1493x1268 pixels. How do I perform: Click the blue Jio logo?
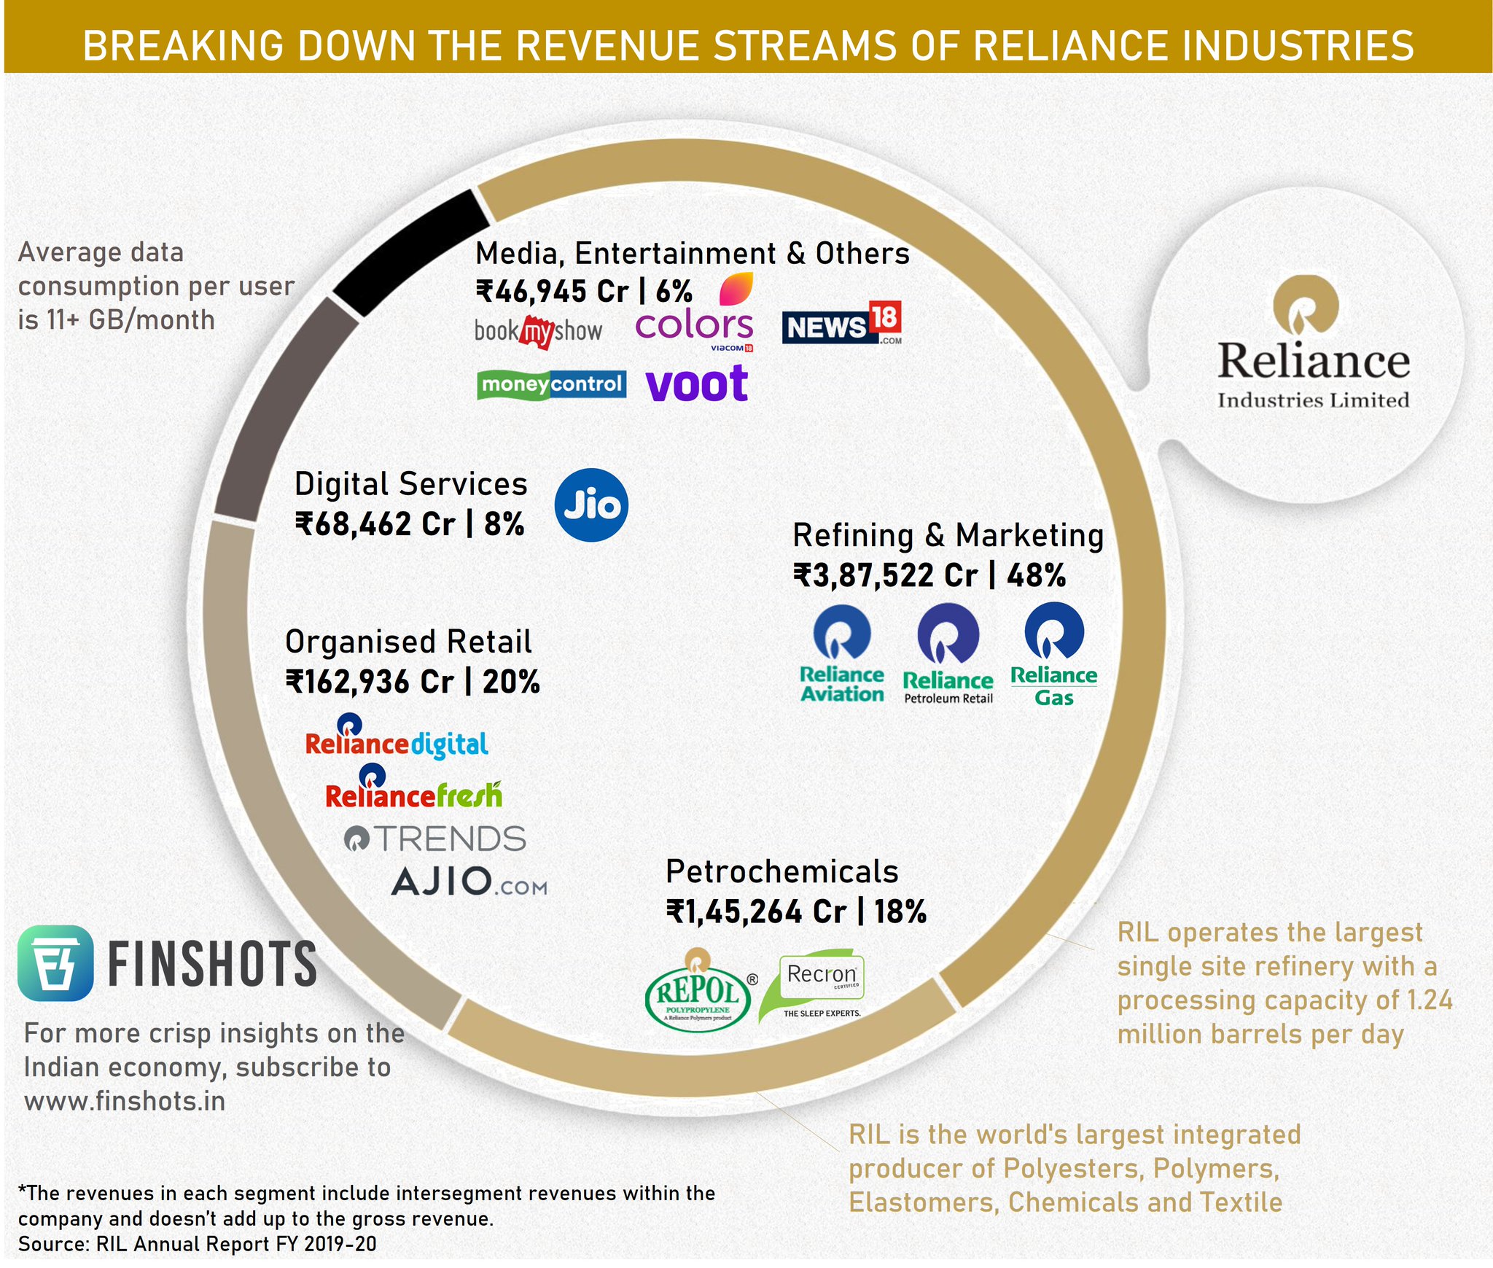click(590, 505)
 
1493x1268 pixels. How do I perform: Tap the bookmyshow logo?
click(538, 332)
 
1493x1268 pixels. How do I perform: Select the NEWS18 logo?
click(841, 324)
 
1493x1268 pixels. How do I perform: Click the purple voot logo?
click(697, 384)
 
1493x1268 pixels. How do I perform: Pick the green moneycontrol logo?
click(551, 384)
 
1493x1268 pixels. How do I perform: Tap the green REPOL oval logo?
click(698, 990)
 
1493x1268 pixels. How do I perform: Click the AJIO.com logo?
click(469, 882)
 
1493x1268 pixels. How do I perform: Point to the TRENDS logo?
click(435, 839)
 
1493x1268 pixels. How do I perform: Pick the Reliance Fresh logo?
click(413, 789)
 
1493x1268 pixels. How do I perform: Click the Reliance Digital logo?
click(396, 738)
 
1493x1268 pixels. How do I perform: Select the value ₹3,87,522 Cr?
click(885, 575)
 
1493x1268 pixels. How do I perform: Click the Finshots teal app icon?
click(55, 962)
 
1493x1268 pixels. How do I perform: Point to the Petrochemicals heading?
click(781, 871)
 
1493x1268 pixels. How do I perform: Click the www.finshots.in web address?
click(125, 1101)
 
